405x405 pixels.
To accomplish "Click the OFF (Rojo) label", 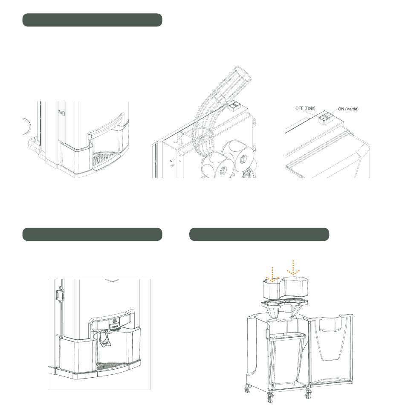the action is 305,108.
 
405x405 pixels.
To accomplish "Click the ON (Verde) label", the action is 348,109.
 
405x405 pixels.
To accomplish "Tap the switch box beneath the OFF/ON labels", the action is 326,118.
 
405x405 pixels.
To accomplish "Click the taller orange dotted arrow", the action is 293,268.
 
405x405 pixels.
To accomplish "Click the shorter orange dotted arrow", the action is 272,275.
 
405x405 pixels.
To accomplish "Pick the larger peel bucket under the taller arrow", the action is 296,287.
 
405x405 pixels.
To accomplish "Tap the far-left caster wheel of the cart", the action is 247,388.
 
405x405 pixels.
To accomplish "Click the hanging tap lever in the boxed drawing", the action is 104,338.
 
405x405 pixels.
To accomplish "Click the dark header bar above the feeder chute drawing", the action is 92,20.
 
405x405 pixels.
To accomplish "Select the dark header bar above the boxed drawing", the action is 92,234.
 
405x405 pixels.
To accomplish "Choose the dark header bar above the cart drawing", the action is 259,234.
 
